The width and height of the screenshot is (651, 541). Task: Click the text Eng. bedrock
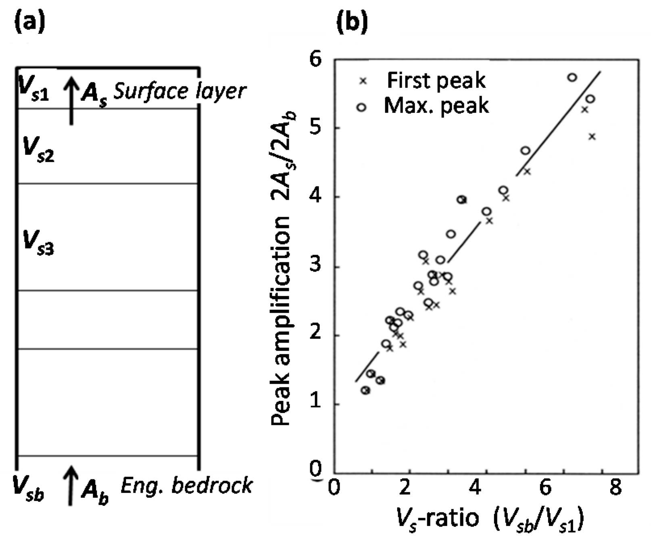[x=186, y=485]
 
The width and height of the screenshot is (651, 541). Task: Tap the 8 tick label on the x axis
[x=615, y=487]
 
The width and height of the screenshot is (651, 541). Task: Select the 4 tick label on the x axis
[x=476, y=487]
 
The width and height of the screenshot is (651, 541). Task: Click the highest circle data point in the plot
[x=572, y=77]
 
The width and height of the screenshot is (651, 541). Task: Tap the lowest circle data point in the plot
[x=365, y=390]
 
